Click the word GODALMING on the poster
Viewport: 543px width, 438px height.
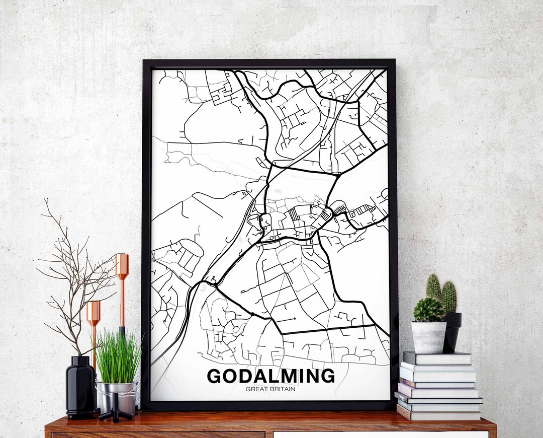pos(270,376)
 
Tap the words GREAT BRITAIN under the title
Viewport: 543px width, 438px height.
pos(270,389)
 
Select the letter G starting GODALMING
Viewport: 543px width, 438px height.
pos(214,376)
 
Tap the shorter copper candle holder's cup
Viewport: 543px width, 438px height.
pos(93,313)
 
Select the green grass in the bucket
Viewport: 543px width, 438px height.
pos(118,357)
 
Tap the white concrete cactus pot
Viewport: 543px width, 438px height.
pos(428,337)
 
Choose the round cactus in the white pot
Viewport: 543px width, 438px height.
pos(428,310)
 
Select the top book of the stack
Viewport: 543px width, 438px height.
pos(437,358)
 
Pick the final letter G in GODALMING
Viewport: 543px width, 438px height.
pos(327,376)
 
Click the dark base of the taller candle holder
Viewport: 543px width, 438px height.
pos(122,331)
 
